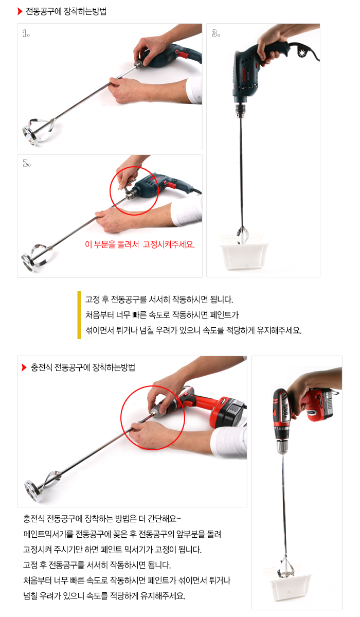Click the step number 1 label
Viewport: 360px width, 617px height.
(26, 34)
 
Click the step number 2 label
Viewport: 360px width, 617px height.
(26, 163)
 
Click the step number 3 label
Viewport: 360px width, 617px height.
(216, 33)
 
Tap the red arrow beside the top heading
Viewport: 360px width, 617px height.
(20, 11)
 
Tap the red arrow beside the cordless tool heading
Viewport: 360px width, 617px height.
(24, 367)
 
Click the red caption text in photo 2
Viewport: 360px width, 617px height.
(140, 244)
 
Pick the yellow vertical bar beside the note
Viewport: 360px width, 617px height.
(80, 315)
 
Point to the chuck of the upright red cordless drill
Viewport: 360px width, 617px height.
(282, 446)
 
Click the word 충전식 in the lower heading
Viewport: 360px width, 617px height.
(41, 367)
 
